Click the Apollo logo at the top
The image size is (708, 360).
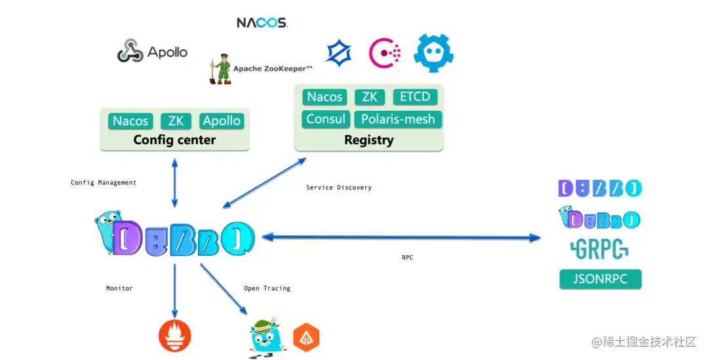point(152,51)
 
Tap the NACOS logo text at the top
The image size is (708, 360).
point(262,22)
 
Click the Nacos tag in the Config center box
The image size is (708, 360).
point(130,121)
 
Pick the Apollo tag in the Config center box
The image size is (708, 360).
point(222,121)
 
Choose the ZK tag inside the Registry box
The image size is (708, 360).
point(370,97)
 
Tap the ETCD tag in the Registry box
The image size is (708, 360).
point(416,97)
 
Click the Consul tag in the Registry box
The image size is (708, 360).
point(326,119)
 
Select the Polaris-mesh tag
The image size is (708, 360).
point(398,119)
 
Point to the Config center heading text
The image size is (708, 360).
point(174,140)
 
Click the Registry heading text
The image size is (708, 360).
point(368,140)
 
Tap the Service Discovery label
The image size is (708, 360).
point(339,188)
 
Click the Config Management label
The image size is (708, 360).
point(104,183)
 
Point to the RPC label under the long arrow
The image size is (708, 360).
point(407,258)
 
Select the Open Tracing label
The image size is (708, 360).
point(267,289)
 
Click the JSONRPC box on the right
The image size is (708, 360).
point(600,279)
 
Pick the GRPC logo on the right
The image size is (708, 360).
point(599,249)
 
